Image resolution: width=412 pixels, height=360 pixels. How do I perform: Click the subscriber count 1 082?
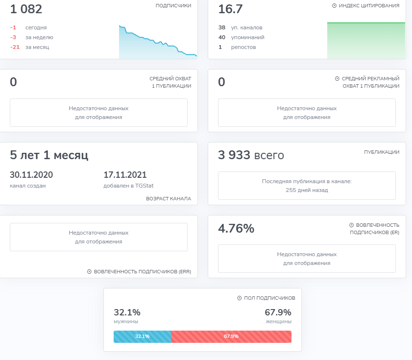click(26, 9)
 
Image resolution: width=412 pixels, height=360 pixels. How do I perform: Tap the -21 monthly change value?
click(15, 47)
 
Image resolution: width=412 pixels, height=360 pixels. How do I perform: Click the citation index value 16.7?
click(230, 9)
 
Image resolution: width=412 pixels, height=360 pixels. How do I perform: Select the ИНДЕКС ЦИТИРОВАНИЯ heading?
click(369, 6)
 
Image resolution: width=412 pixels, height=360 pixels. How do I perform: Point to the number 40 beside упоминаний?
click(221, 37)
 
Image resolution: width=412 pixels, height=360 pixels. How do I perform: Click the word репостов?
click(243, 47)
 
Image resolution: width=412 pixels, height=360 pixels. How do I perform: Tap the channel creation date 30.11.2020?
click(31, 175)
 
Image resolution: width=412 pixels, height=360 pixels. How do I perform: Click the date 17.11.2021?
click(125, 175)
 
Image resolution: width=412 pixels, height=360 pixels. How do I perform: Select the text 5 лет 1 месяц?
click(49, 156)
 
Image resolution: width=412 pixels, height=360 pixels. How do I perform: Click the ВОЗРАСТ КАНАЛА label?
click(169, 199)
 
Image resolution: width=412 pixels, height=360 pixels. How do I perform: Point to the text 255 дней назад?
click(307, 190)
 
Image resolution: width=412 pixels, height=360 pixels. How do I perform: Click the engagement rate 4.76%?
click(236, 228)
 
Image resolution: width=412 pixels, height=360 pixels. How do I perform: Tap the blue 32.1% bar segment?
click(142, 336)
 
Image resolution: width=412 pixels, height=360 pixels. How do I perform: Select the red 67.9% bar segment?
click(231, 336)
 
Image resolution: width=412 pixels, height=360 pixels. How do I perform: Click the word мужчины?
click(126, 322)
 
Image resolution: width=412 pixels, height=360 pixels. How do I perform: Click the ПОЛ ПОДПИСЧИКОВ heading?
click(269, 298)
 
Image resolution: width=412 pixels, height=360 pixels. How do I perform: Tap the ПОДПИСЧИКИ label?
click(173, 6)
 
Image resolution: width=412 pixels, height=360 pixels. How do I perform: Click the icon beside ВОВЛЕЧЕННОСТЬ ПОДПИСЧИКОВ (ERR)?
click(89, 272)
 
